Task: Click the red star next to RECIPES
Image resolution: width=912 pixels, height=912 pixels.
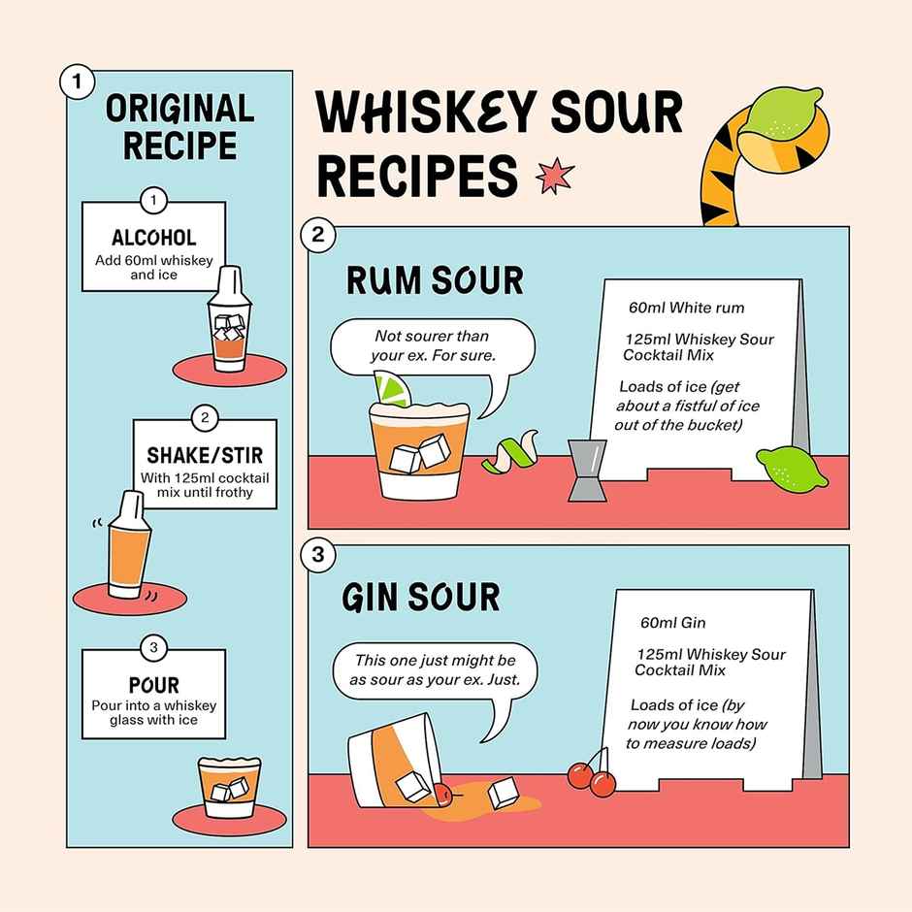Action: tap(555, 176)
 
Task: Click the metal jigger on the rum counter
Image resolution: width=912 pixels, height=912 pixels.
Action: tap(583, 471)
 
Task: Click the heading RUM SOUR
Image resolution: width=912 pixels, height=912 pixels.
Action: tap(434, 280)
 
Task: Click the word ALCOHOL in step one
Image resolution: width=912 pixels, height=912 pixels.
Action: tap(153, 238)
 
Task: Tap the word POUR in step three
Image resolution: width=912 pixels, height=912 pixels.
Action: tap(153, 686)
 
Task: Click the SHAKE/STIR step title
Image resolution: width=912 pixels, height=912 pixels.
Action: tap(204, 455)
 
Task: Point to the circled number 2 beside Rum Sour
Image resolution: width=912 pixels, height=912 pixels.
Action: tap(319, 234)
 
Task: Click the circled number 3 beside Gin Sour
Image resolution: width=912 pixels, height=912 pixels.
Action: tap(319, 555)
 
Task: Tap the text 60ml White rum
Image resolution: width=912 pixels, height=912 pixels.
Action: tap(686, 308)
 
